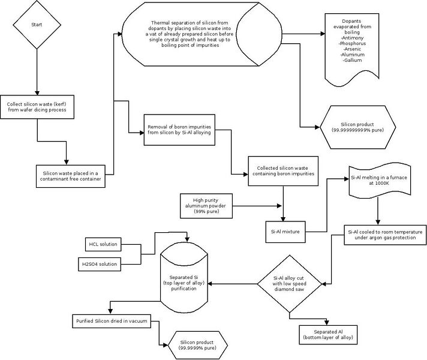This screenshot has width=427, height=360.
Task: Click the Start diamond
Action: [37, 25]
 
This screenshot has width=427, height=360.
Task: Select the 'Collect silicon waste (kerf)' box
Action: [37, 107]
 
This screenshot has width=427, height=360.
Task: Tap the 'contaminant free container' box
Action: [71, 176]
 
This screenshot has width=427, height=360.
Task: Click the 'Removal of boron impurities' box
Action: [179, 130]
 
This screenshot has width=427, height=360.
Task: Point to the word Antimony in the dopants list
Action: [352, 38]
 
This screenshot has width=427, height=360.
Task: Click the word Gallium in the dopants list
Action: [352, 60]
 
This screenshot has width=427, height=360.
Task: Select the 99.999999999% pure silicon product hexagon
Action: [357, 127]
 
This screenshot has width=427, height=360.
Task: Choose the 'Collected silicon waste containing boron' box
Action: [283, 171]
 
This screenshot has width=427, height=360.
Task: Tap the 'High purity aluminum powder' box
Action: [206, 206]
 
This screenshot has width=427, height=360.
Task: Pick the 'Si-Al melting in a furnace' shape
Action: [380, 180]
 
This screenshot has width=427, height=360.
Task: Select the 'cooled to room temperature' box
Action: [385, 235]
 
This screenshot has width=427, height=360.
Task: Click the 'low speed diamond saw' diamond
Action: [290, 284]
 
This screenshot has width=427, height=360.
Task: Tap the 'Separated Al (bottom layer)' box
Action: [328, 335]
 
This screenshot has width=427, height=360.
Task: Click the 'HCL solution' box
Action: [103, 244]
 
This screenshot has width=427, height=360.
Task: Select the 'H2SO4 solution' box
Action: [100, 264]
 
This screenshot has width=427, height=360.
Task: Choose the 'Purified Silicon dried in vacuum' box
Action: [112, 321]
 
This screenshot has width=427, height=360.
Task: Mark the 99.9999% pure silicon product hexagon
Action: [197, 345]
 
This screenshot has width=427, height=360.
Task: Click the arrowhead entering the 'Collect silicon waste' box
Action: [37, 93]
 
